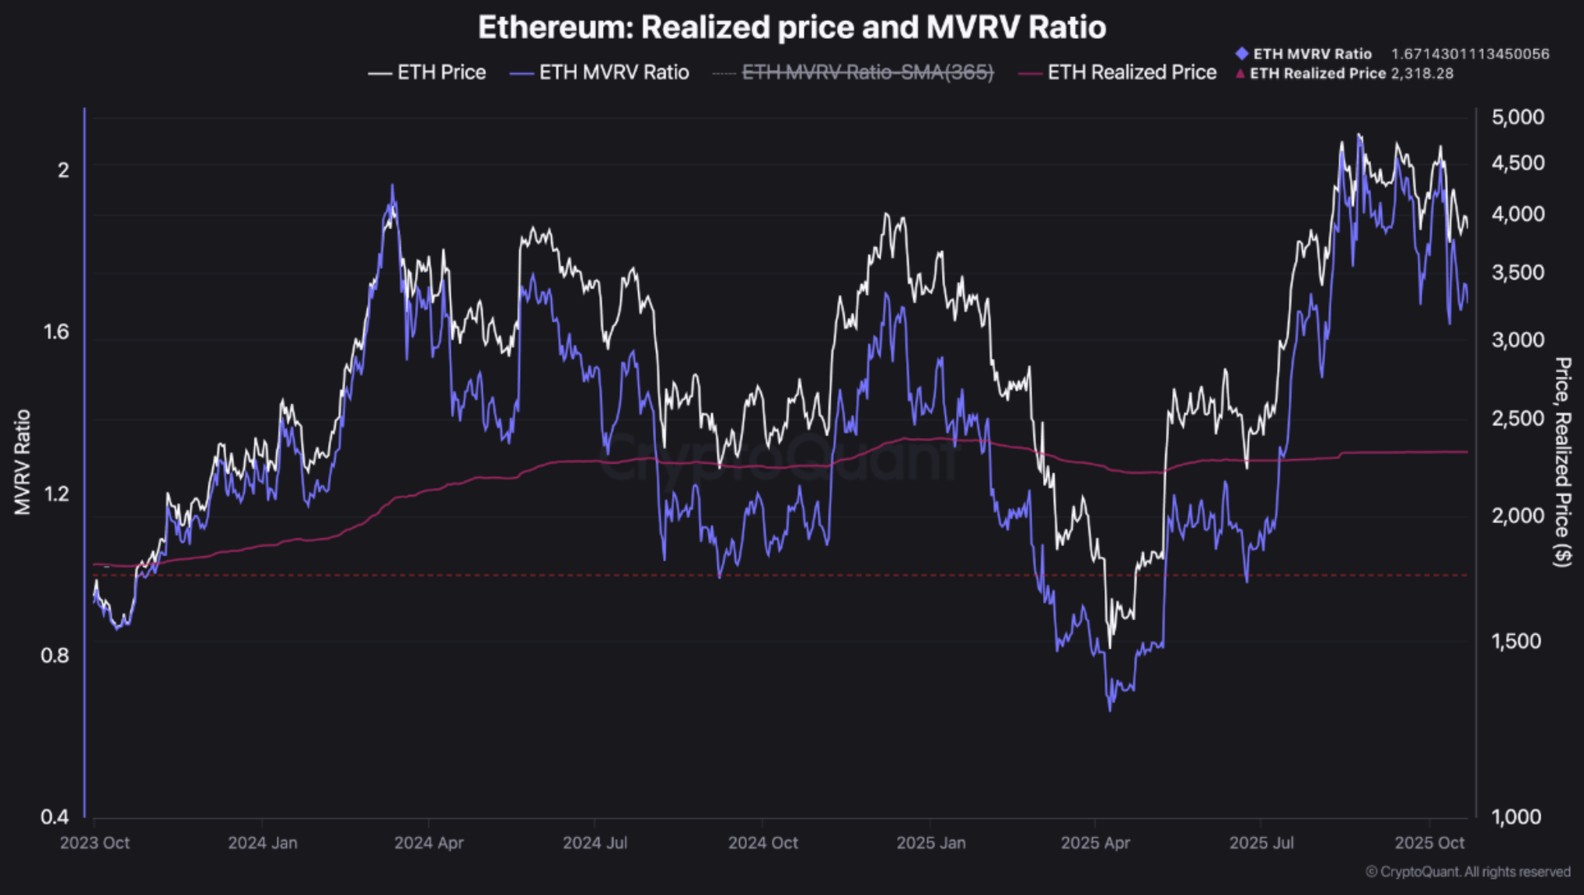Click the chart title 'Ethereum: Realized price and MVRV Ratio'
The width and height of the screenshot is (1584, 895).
point(791,28)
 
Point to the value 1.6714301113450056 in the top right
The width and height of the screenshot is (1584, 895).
point(1470,54)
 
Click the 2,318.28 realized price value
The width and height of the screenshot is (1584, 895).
point(1422,73)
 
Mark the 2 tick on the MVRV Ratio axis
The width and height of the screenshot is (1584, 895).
point(64,169)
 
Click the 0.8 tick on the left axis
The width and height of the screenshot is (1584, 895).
point(54,655)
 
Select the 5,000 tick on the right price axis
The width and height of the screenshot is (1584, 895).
point(1517,117)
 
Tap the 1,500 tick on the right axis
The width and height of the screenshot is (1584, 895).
point(1516,641)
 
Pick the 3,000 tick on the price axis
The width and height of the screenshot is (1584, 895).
point(1517,340)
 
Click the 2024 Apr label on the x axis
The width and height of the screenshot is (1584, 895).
point(428,843)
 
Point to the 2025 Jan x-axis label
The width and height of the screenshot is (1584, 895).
point(930,843)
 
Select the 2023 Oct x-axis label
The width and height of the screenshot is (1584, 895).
point(95,843)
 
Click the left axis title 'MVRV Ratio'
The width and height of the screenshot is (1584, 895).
point(23,461)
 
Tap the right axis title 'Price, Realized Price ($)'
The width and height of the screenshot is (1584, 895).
point(1562,461)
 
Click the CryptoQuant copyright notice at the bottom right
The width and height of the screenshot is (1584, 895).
point(1467,872)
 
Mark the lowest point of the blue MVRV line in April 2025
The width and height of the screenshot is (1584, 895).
point(1110,709)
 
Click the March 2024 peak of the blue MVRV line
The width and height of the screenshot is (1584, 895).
point(393,186)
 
